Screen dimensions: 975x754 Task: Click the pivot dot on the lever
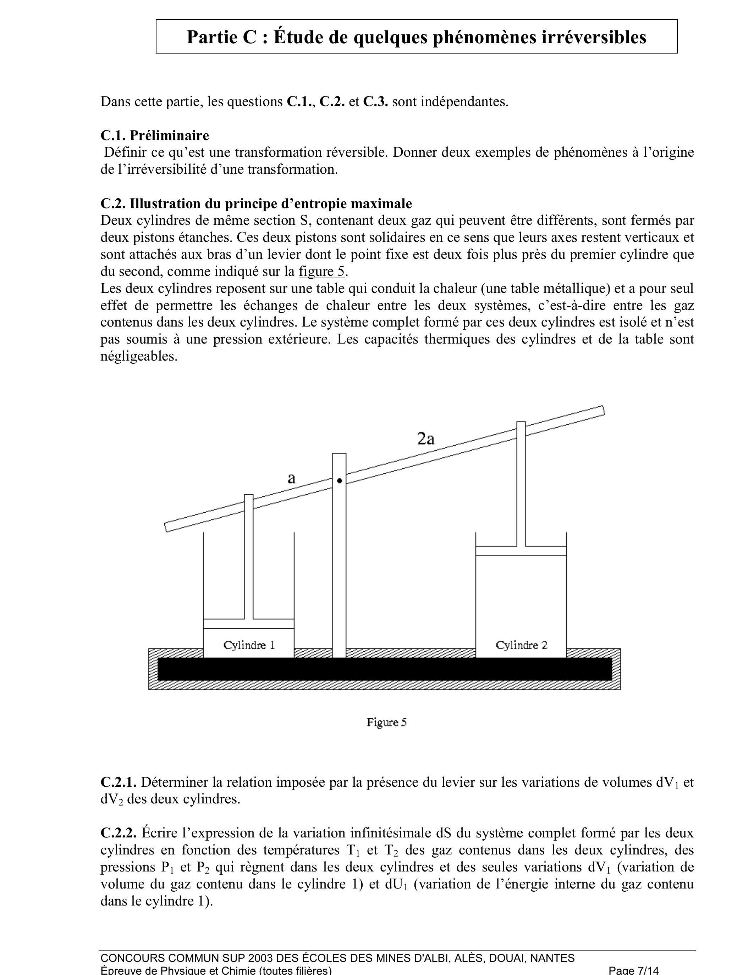(340, 481)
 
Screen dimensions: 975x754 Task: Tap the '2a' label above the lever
(426, 439)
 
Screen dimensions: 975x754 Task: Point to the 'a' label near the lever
(291, 479)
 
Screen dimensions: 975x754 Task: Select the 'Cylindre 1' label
(249, 645)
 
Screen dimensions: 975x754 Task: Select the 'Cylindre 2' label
(521, 645)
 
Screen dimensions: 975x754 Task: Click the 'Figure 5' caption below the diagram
(386, 722)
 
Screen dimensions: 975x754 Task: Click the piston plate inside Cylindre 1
(249, 624)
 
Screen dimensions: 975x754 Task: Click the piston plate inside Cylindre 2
(521, 551)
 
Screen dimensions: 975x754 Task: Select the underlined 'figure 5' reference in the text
(321, 272)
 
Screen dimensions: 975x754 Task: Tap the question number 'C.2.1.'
(119, 782)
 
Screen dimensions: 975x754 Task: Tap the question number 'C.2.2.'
(119, 833)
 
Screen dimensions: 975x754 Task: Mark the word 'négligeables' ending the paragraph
(139, 356)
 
